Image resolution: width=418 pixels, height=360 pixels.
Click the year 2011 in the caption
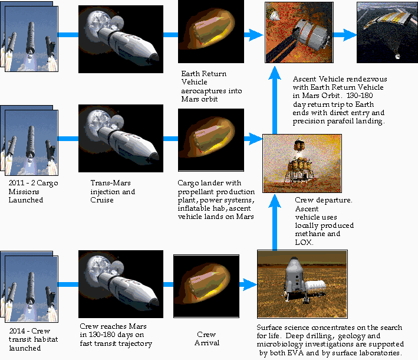pos(17,184)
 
